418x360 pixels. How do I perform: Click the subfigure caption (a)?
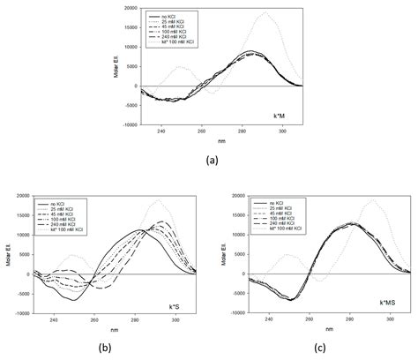coord(210,160)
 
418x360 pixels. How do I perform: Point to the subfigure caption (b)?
coord(104,348)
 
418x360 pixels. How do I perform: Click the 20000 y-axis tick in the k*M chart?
coord(129,8)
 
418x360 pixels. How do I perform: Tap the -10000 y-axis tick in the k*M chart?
coord(128,125)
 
